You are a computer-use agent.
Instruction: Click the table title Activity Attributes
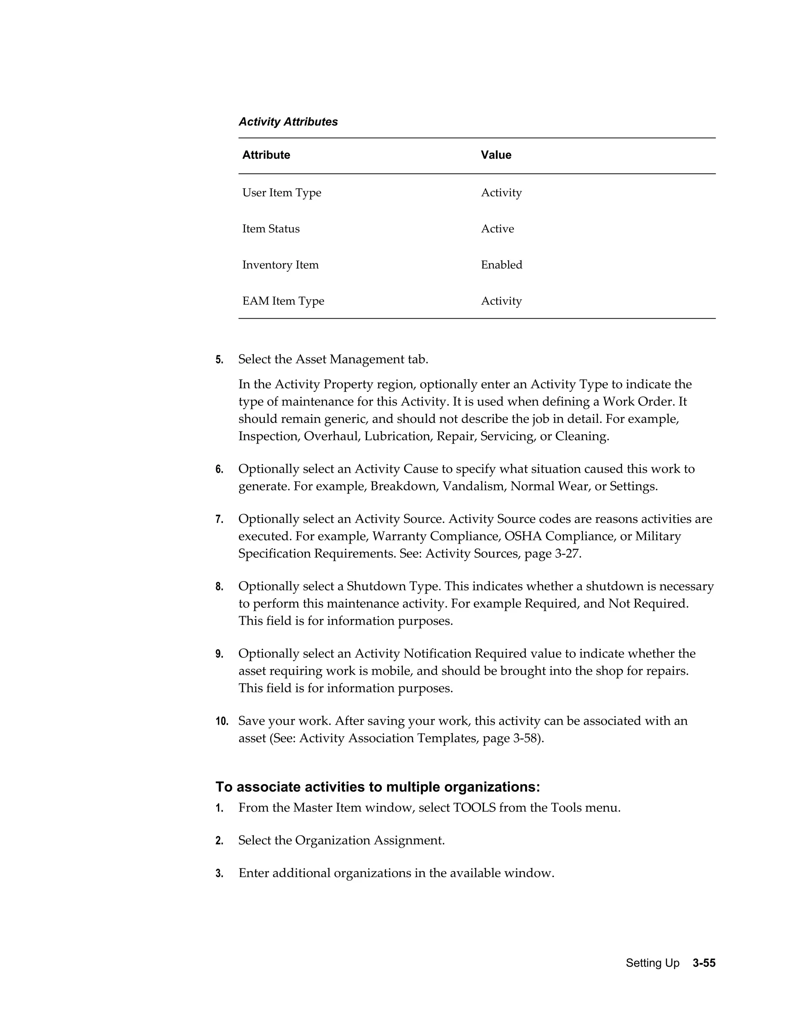[288, 122]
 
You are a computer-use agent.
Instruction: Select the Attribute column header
[266, 155]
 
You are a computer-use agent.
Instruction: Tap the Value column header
[496, 155]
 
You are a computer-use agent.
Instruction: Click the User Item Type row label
[281, 192]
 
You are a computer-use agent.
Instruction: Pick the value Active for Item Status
[497, 229]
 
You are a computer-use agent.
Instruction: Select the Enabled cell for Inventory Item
[501, 265]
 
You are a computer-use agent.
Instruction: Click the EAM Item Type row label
[283, 301]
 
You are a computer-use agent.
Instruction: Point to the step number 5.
[219, 360]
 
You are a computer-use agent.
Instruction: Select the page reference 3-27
[567, 554]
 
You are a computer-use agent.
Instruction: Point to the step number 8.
[219, 587]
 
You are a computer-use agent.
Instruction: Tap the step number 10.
[222, 722]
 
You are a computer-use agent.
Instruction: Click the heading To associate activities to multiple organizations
[378, 787]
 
